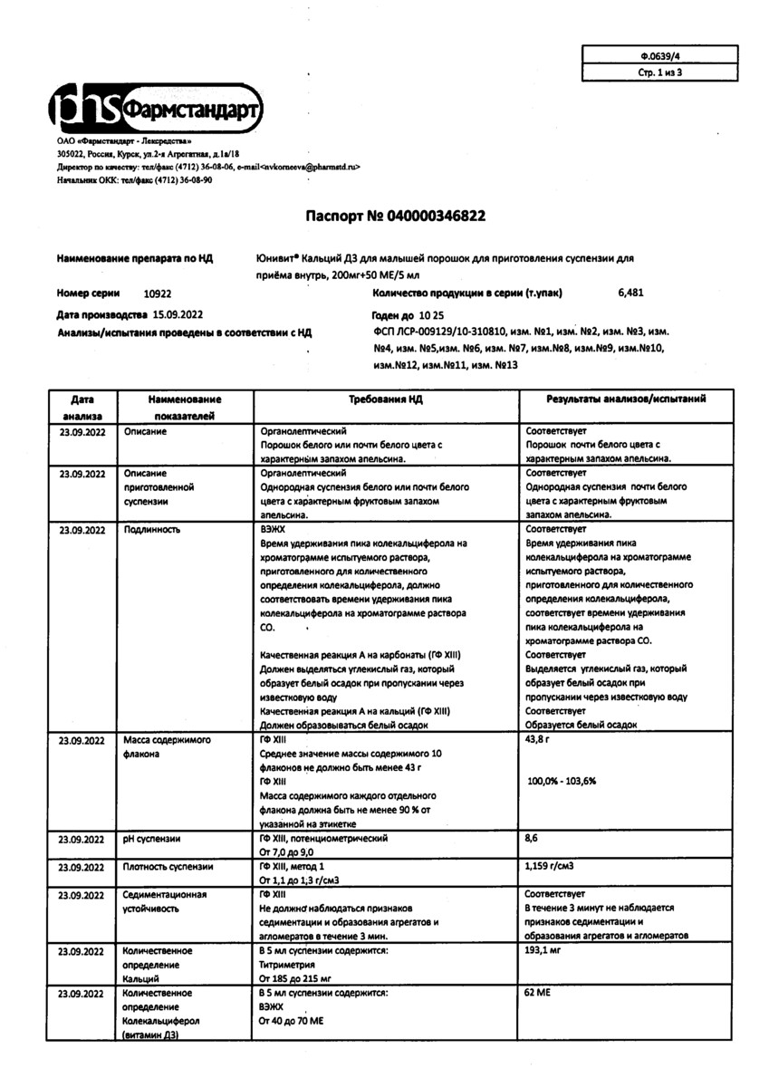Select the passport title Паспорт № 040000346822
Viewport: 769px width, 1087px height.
point(395,216)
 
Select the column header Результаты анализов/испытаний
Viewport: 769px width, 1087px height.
point(626,399)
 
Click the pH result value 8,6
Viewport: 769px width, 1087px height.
point(532,839)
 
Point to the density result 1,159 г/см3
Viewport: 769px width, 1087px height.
point(554,867)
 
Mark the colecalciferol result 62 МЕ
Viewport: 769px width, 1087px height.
point(538,994)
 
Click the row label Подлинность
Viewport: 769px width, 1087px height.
point(151,528)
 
